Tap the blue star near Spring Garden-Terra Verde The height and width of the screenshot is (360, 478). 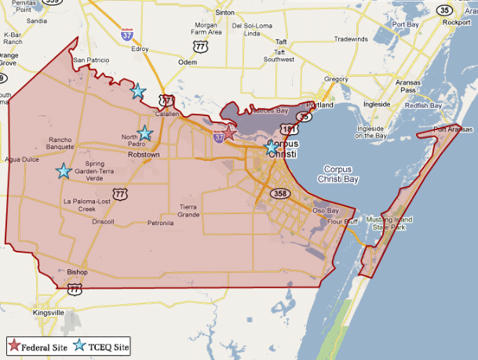(x=64, y=170)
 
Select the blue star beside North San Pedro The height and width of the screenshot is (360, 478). (x=144, y=133)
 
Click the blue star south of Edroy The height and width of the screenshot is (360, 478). (x=137, y=91)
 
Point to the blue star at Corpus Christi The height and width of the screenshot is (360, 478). (x=272, y=146)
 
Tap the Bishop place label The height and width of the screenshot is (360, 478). (x=77, y=272)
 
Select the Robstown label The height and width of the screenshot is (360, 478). (x=144, y=155)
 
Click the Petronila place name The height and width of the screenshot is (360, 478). (x=160, y=223)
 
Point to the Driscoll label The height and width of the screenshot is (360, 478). (x=103, y=222)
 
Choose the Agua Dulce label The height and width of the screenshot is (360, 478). (x=21, y=158)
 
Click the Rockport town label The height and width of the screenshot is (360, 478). (x=456, y=23)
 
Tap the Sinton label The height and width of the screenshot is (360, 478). (x=225, y=13)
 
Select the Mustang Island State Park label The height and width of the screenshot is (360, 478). (x=390, y=223)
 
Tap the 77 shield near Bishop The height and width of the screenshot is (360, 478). (x=75, y=289)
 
